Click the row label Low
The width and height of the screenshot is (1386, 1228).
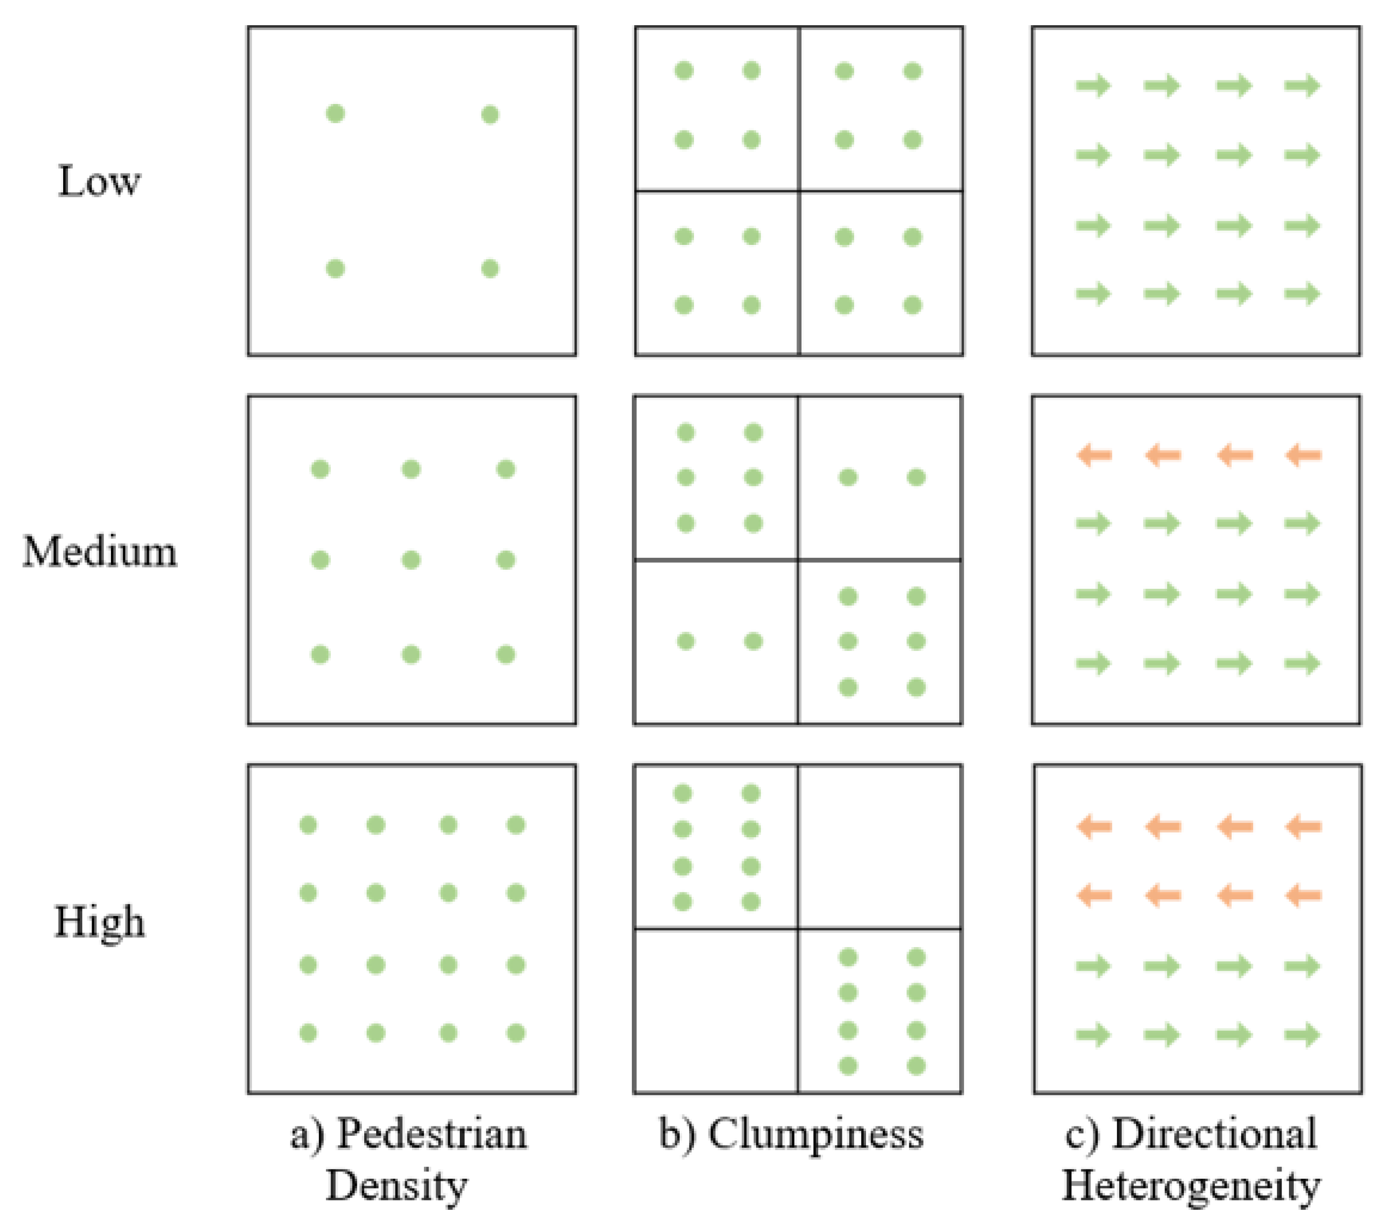pos(99,182)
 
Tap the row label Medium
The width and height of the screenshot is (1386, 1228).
pos(100,551)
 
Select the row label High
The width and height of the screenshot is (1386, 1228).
pos(99,922)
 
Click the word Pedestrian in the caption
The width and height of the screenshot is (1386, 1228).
pos(431,1134)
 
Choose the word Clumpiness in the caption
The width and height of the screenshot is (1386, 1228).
pos(816,1134)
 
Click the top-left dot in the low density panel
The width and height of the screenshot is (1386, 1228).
pos(336,113)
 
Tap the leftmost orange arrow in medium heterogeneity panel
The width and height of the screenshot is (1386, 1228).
pos(1094,455)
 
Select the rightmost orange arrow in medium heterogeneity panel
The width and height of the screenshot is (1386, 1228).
pos(1303,455)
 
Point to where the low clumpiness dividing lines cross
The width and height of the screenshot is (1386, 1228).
pos(799,191)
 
